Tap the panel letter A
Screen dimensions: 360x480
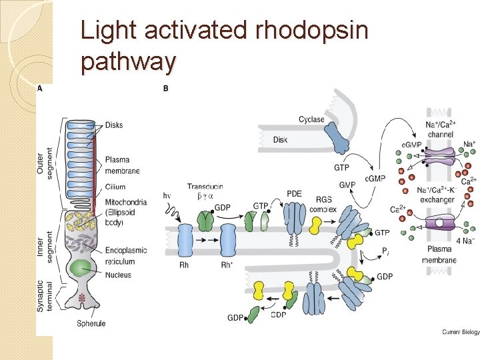click(40, 88)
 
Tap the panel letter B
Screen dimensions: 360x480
click(165, 88)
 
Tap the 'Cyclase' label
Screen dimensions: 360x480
click(311, 119)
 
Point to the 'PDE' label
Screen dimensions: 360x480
click(294, 193)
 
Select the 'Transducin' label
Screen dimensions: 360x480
click(205, 187)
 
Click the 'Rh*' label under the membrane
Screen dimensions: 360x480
click(227, 265)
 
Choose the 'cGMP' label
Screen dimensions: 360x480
click(375, 179)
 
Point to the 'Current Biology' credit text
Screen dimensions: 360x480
click(460, 332)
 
